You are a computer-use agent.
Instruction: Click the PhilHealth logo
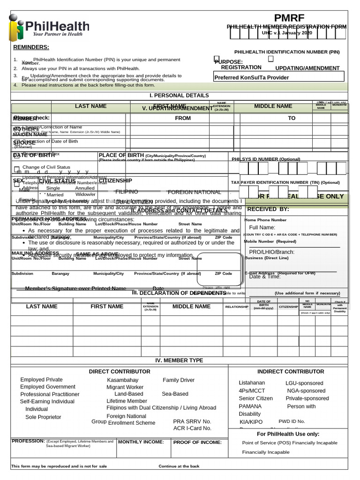(49, 28)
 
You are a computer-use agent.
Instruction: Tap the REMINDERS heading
(31, 47)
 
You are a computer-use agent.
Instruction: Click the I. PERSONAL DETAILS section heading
(179, 95)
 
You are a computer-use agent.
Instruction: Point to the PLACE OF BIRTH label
(121, 156)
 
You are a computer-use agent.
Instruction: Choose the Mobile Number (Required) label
(270, 241)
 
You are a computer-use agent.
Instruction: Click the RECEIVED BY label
(268, 209)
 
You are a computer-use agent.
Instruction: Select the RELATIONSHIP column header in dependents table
(237, 307)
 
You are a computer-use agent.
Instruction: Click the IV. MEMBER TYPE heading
(179, 360)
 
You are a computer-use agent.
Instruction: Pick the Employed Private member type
(41, 380)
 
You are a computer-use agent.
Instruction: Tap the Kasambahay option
(123, 380)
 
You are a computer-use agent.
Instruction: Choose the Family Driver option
(179, 380)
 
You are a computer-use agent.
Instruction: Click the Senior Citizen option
(255, 398)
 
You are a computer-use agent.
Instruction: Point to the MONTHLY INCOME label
(141, 442)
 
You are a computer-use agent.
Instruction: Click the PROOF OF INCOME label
(197, 442)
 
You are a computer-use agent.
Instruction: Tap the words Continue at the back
(179, 466)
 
